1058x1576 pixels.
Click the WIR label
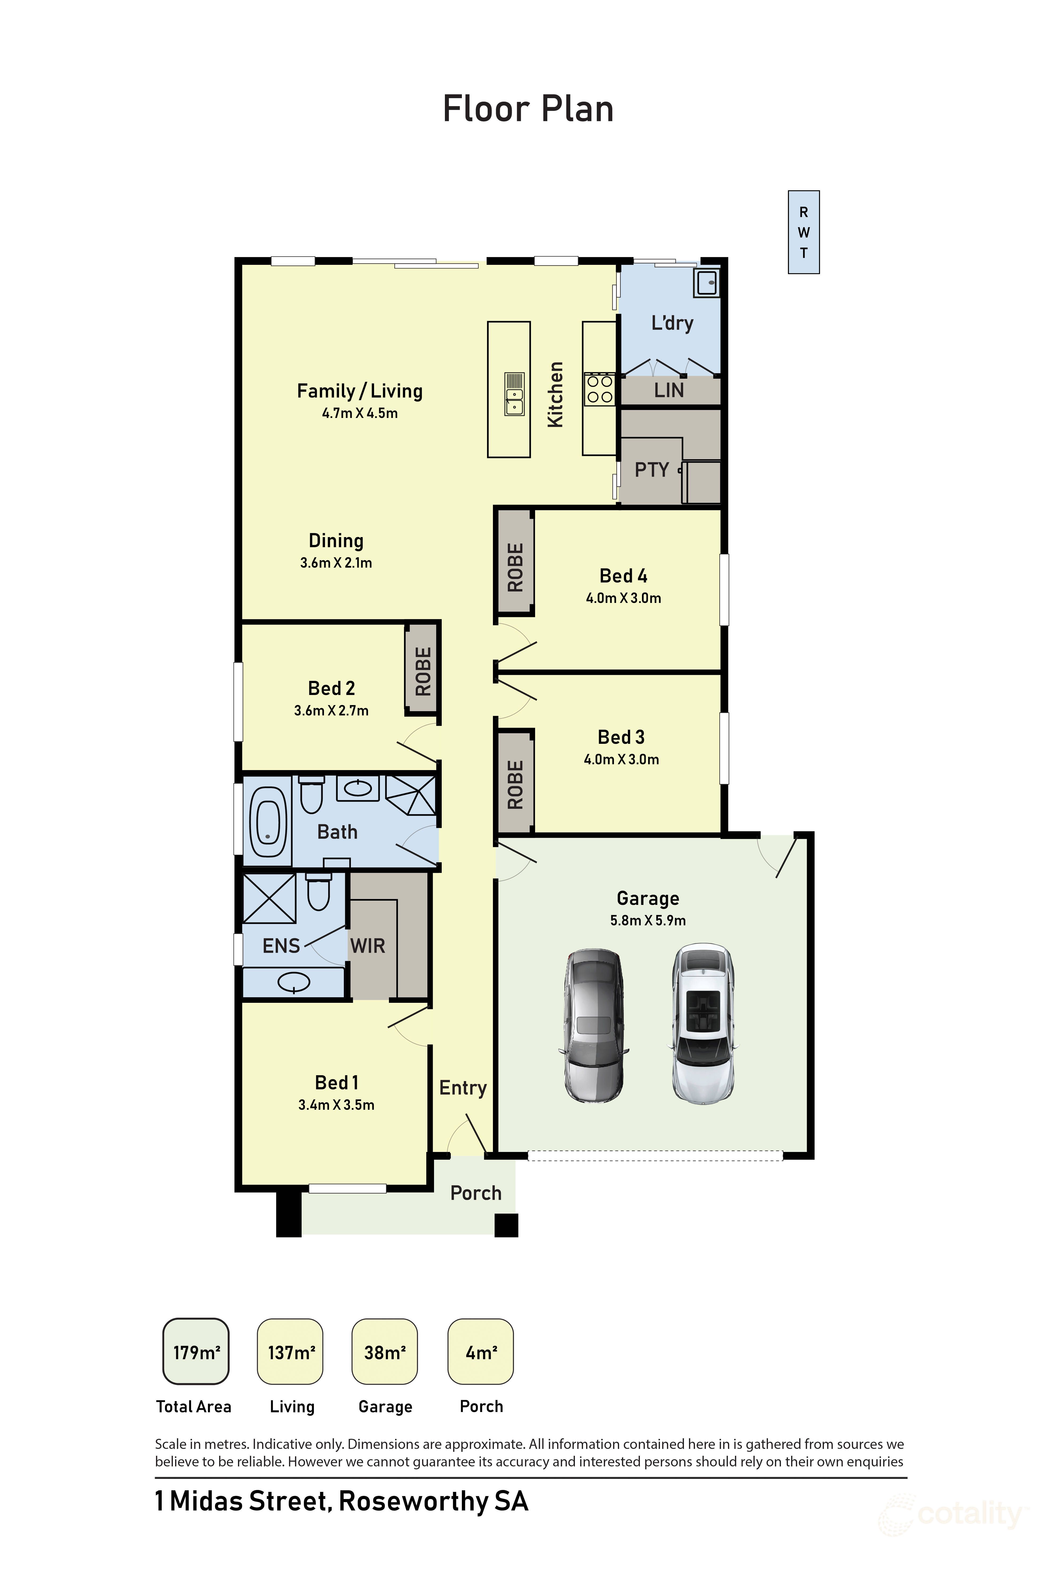[x=368, y=945]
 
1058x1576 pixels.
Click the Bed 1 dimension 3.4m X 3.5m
[x=336, y=1105]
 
